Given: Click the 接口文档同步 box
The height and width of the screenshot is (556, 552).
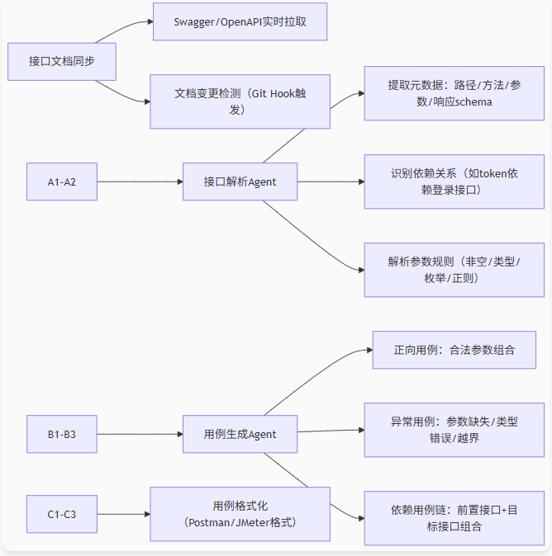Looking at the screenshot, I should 61,61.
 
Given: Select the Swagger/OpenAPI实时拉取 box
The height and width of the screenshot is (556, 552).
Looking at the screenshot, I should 240,21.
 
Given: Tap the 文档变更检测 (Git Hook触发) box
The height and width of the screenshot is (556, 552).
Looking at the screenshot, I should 240,101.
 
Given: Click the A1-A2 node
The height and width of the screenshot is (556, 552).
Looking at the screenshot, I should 61,181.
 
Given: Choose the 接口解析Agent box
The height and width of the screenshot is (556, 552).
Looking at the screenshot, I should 240,181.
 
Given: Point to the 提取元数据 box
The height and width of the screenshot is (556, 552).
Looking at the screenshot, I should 454,93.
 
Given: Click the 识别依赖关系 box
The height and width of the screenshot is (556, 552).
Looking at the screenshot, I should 454,181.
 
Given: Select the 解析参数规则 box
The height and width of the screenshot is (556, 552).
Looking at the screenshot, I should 454,269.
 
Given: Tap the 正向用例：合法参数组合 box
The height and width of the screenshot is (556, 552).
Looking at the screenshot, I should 454,350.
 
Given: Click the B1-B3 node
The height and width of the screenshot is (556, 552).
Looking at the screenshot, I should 61,433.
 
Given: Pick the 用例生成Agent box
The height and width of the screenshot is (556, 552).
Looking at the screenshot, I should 240,433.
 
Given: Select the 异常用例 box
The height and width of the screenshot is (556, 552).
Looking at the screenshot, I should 454,430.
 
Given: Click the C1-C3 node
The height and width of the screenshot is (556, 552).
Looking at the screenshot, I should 61,514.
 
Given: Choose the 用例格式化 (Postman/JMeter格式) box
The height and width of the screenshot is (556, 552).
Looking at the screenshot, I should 240,514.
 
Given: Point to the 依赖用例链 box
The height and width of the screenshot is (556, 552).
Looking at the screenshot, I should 454,518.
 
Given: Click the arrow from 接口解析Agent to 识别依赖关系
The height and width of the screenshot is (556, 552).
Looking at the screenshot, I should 331,181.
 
